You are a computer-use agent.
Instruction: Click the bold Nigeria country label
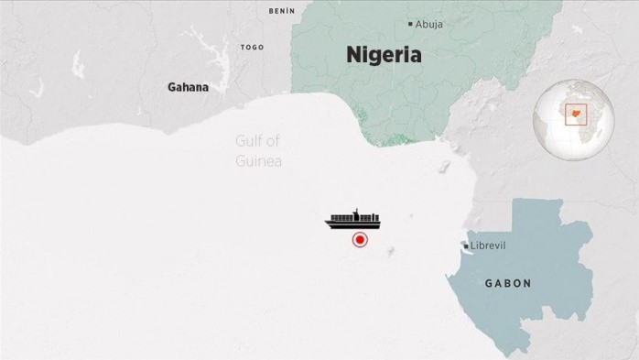pyautogui.click(x=384, y=55)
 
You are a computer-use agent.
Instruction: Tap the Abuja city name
pyautogui.click(x=428, y=25)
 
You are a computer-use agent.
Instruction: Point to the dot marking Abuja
pyautogui.click(x=410, y=24)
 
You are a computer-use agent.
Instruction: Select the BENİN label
pyautogui.click(x=282, y=11)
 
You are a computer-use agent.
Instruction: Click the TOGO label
pyautogui.click(x=252, y=47)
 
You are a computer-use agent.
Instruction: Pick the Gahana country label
pyautogui.click(x=188, y=88)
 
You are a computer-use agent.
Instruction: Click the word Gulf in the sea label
pyautogui.click(x=250, y=141)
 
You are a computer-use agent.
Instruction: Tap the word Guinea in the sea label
pyautogui.click(x=258, y=161)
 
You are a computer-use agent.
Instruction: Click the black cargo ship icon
pyautogui.click(x=355, y=220)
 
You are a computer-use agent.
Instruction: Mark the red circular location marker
pyautogui.click(x=360, y=240)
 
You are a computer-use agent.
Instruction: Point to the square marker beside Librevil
pyautogui.click(x=466, y=246)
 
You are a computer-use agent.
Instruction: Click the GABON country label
pyautogui.click(x=507, y=284)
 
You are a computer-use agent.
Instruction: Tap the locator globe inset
pyautogui.click(x=573, y=120)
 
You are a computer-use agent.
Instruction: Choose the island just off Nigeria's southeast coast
pyautogui.click(x=444, y=169)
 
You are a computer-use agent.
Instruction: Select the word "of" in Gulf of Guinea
pyautogui.click(x=272, y=141)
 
